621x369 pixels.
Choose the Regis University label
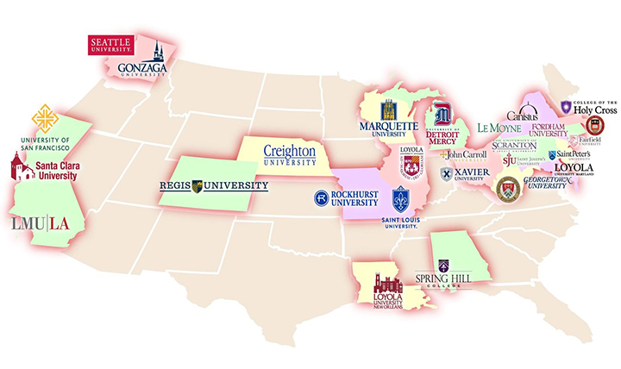(214, 185)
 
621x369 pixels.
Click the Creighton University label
(289, 153)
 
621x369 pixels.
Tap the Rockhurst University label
(345, 198)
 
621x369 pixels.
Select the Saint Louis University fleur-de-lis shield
(400, 199)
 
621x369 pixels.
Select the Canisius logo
(523, 114)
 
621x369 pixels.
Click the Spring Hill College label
(443, 275)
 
